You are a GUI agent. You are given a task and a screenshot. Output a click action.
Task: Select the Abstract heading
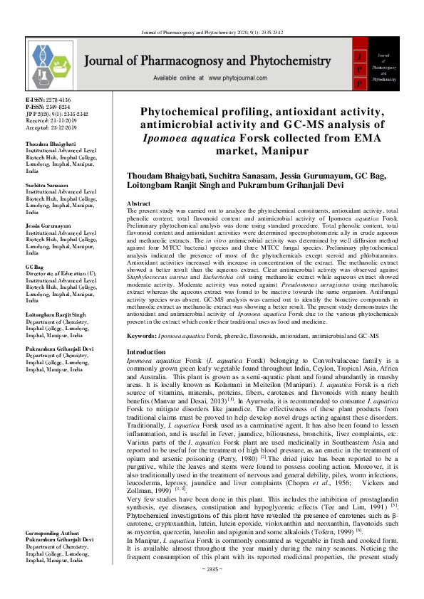138,203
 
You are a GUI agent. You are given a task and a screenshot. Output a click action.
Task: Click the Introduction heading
146,352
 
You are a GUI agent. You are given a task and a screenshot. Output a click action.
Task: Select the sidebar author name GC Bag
35,264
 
